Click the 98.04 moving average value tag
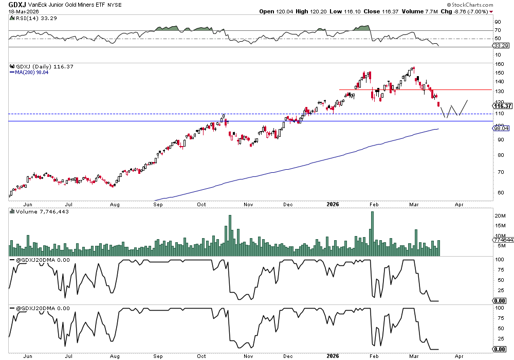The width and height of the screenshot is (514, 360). point(500,129)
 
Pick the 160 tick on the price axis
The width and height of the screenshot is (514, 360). point(498,64)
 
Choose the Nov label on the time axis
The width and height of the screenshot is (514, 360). point(248,204)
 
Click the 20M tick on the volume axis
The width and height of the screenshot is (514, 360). point(500,216)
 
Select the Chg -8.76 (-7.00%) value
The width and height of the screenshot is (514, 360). point(472,11)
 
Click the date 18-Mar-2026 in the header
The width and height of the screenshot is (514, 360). point(21,11)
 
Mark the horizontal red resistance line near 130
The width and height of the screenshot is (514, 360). point(411,90)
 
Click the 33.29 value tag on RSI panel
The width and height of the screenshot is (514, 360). point(500,46)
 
